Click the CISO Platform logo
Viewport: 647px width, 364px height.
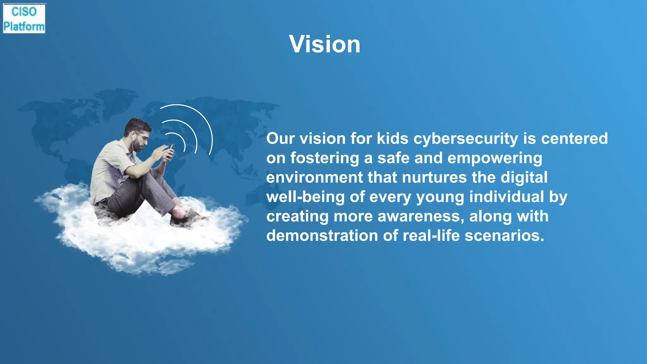[x=24, y=19]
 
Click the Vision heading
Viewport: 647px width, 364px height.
[x=324, y=44]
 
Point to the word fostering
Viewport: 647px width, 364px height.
[x=324, y=158]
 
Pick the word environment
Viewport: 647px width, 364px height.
[x=314, y=177]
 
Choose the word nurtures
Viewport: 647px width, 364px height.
[x=434, y=177]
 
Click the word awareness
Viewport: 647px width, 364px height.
[x=421, y=216]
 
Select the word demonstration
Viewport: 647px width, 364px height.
[x=322, y=236]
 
